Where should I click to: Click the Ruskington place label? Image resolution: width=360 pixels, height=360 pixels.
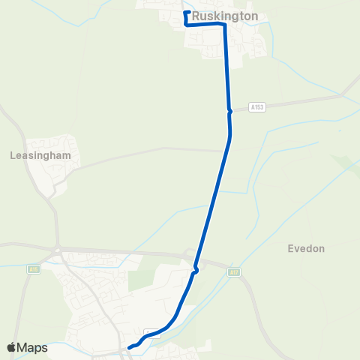point(225,15)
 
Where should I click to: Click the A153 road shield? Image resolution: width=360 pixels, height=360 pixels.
point(258,107)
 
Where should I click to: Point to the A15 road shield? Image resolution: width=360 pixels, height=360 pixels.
point(32,268)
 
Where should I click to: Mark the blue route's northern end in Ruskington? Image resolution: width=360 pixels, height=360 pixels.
point(186,13)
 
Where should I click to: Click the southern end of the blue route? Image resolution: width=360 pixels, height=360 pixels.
point(129,347)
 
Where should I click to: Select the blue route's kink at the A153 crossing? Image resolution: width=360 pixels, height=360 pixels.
point(229,111)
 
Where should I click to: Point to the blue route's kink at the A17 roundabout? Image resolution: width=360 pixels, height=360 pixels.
point(196,269)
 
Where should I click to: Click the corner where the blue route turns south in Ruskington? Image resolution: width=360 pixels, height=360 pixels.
point(223,25)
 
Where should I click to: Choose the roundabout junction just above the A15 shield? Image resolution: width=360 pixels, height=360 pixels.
point(57,250)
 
